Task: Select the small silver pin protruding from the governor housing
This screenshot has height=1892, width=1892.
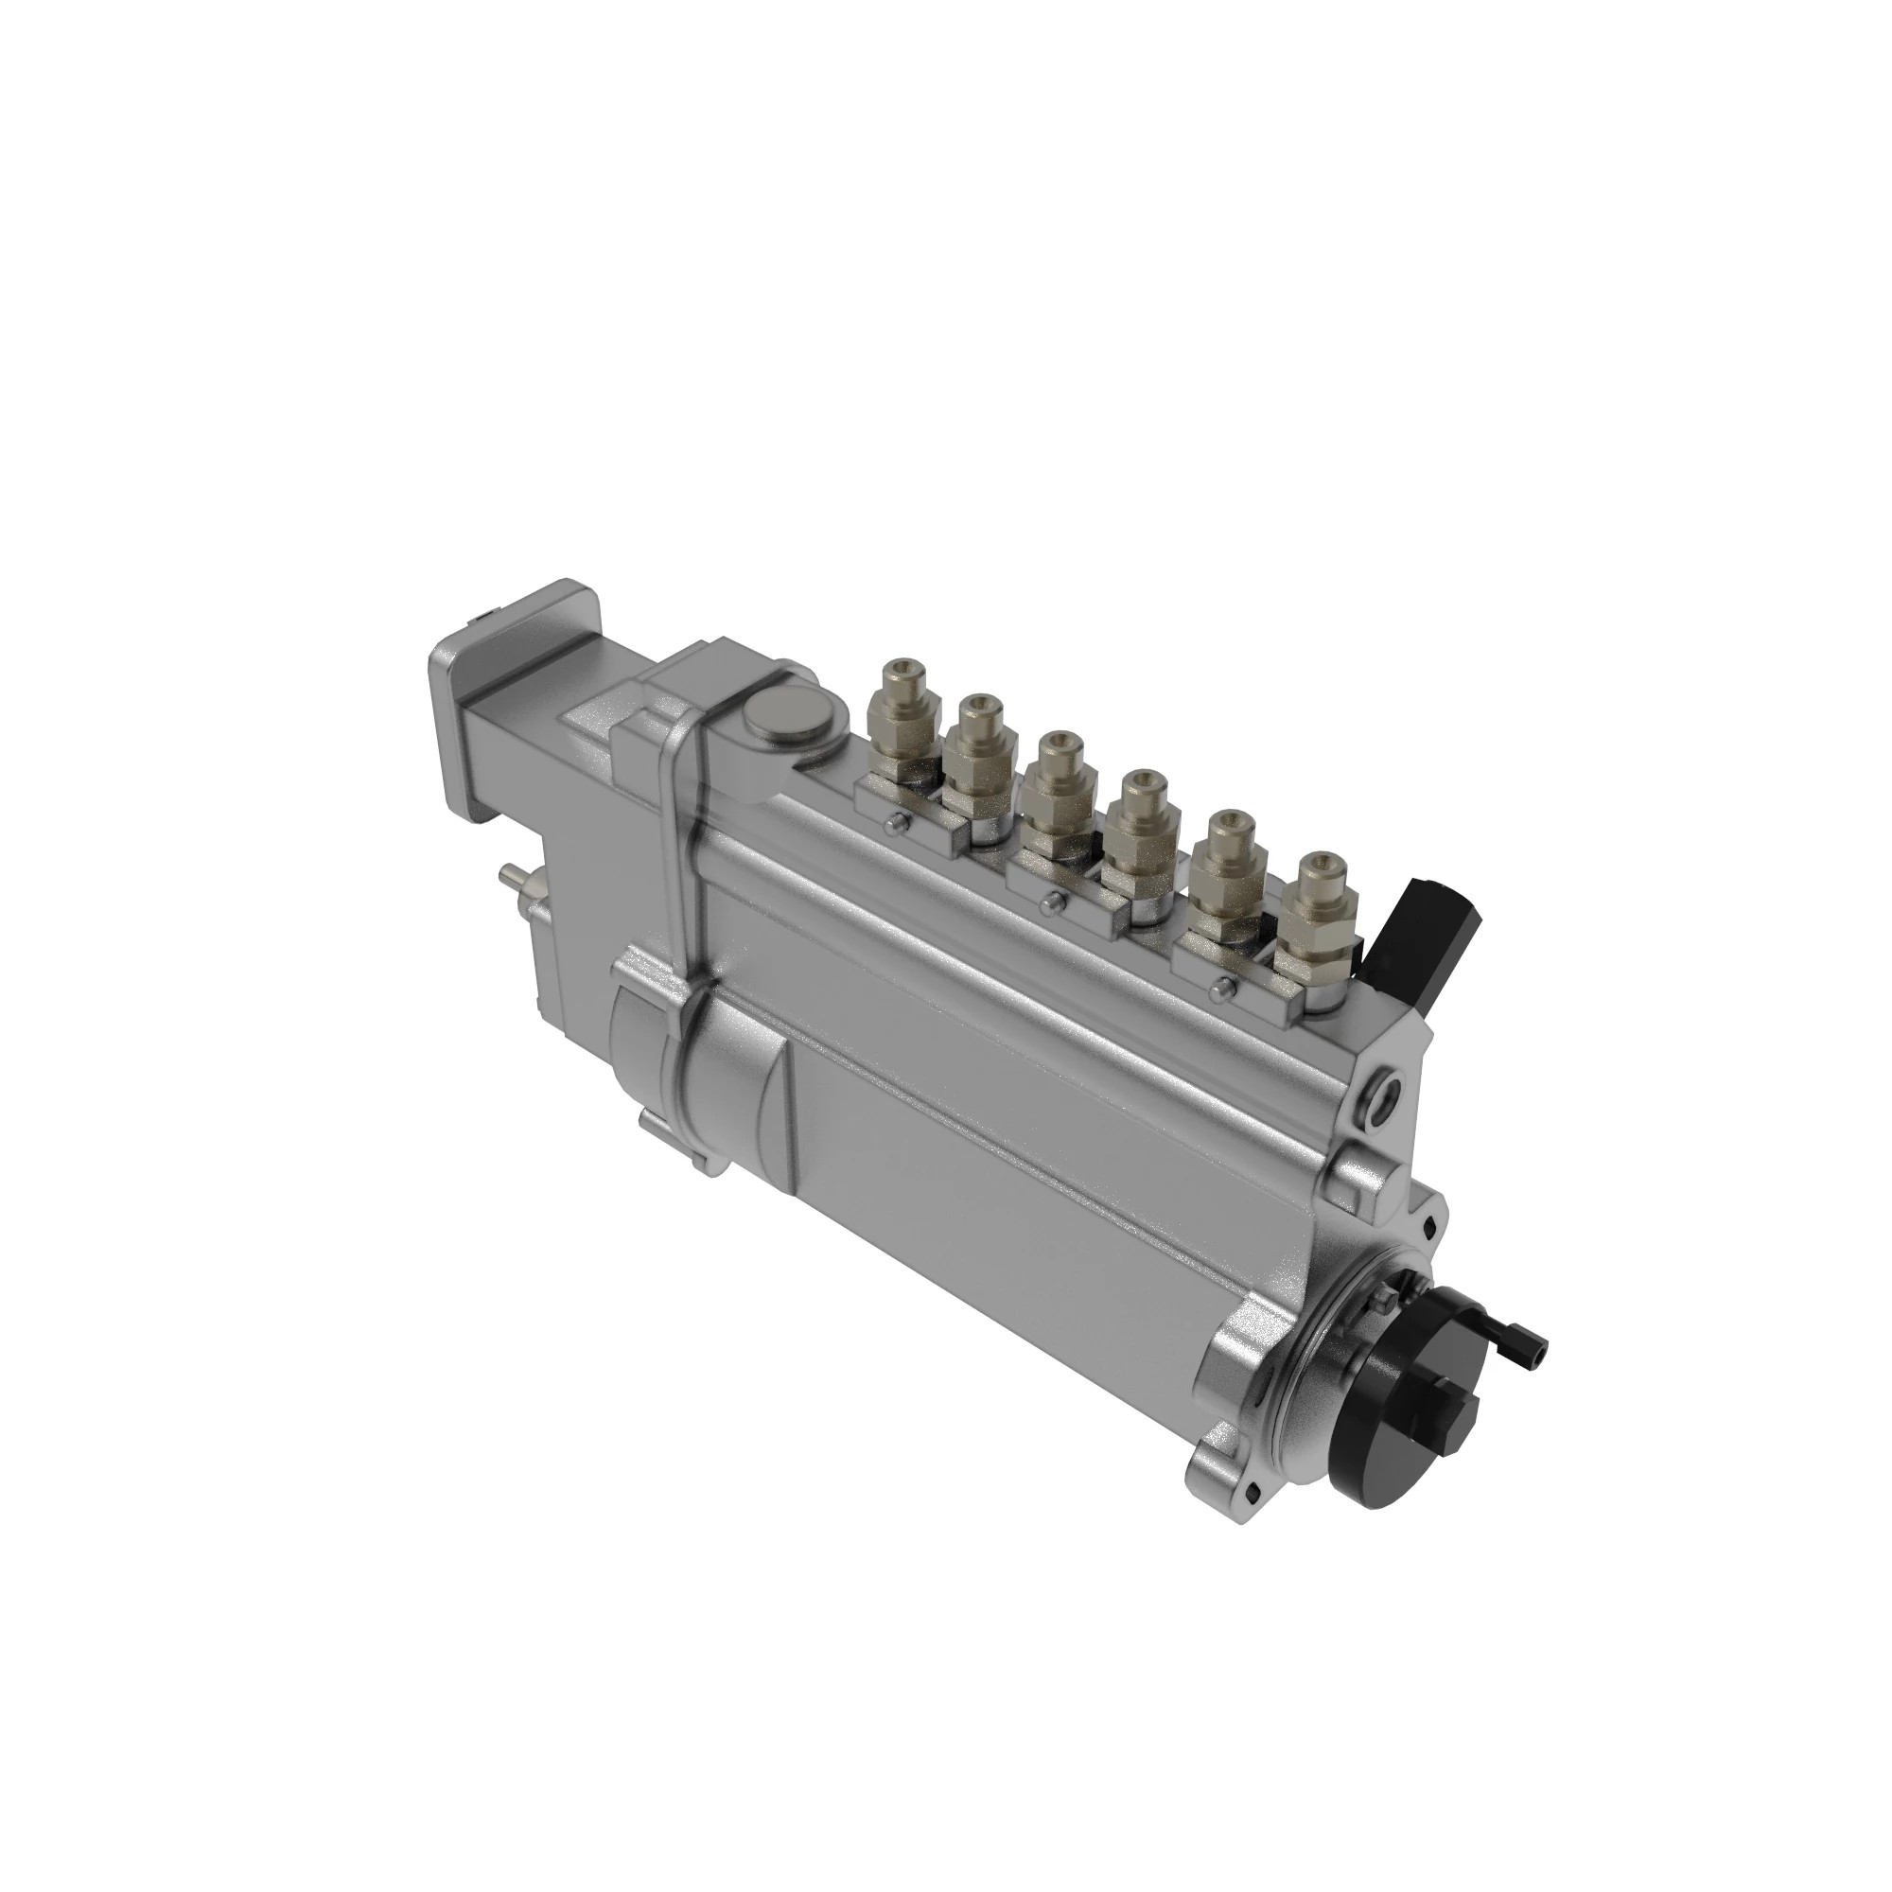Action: [x=510, y=871]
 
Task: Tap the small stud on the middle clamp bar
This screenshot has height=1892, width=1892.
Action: [x=1054, y=901]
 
